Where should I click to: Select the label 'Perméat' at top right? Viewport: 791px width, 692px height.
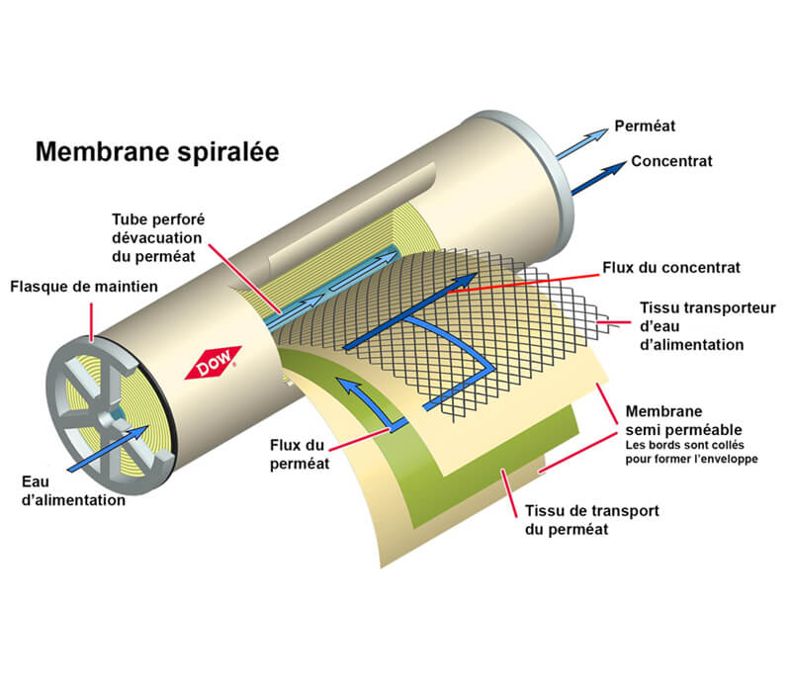point(645,128)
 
